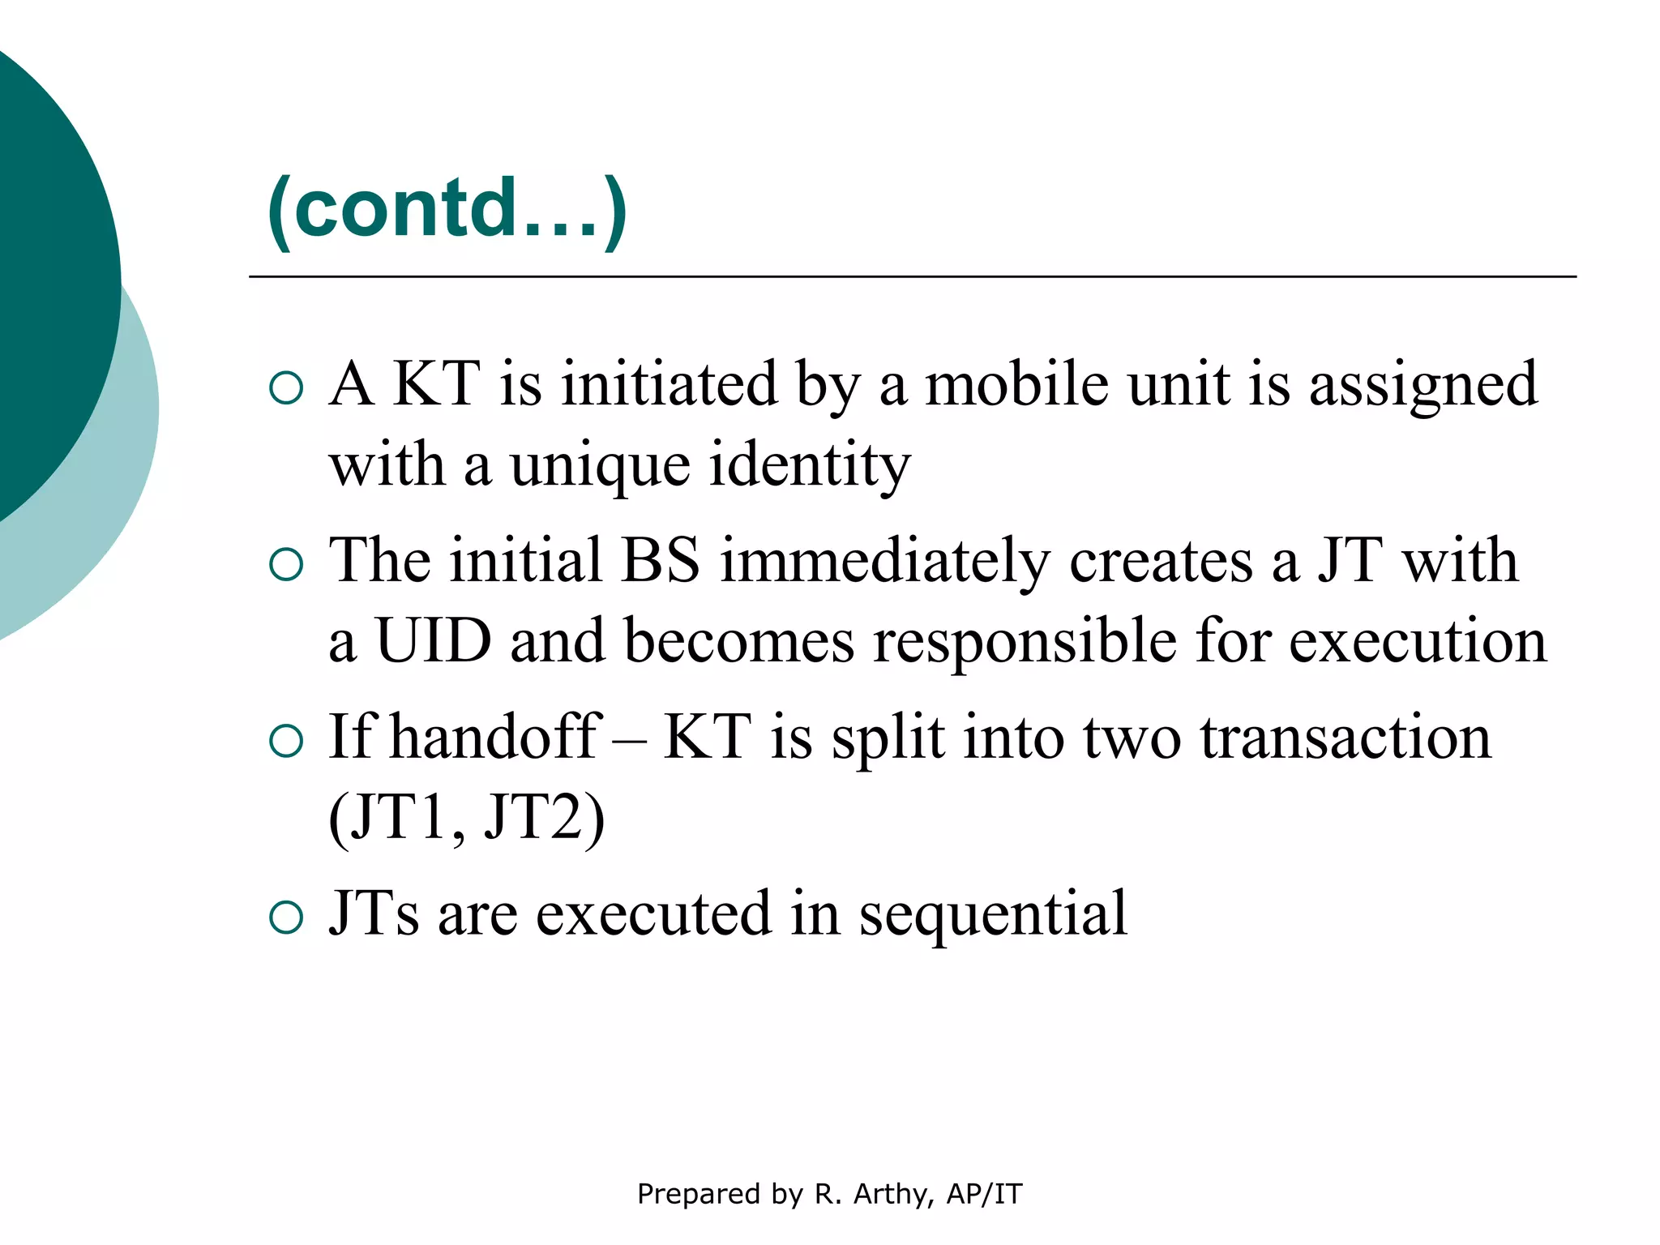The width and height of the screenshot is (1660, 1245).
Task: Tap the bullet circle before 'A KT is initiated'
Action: pos(286,388)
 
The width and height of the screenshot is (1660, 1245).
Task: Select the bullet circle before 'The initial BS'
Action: pos(286,564)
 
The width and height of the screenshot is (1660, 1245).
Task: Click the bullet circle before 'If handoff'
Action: pos(286,741)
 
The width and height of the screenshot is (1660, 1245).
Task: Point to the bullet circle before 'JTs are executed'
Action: pos(286,918)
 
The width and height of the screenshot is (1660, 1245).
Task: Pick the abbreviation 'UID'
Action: pos(434,641)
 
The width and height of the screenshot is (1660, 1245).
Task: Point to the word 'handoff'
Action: pos(495,737)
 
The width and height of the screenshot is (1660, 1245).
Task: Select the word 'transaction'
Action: pos(1346,738)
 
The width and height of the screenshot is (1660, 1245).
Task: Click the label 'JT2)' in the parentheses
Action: pos(544,819)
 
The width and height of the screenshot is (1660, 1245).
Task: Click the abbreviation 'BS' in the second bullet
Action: pos(660,561)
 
